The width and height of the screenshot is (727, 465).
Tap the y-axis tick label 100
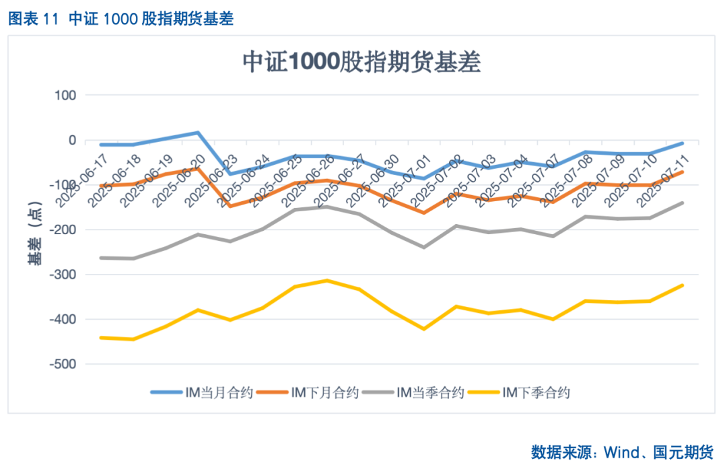[x=65, y=96]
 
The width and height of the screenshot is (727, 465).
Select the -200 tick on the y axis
[x=63, y=230]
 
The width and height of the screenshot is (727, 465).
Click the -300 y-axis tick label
[x=63, y=275]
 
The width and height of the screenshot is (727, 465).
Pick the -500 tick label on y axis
[x=63, y=364]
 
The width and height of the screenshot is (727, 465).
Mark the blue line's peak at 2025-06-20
[x=198, y=133]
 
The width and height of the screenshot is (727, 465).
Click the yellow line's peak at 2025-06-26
[x=327, y=280]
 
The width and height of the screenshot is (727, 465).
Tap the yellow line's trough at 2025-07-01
[x=424, y=329]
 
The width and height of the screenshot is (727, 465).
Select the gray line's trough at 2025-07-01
[x=424, y=247]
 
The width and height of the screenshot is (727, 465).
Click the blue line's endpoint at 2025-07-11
[x=683, y=143]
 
